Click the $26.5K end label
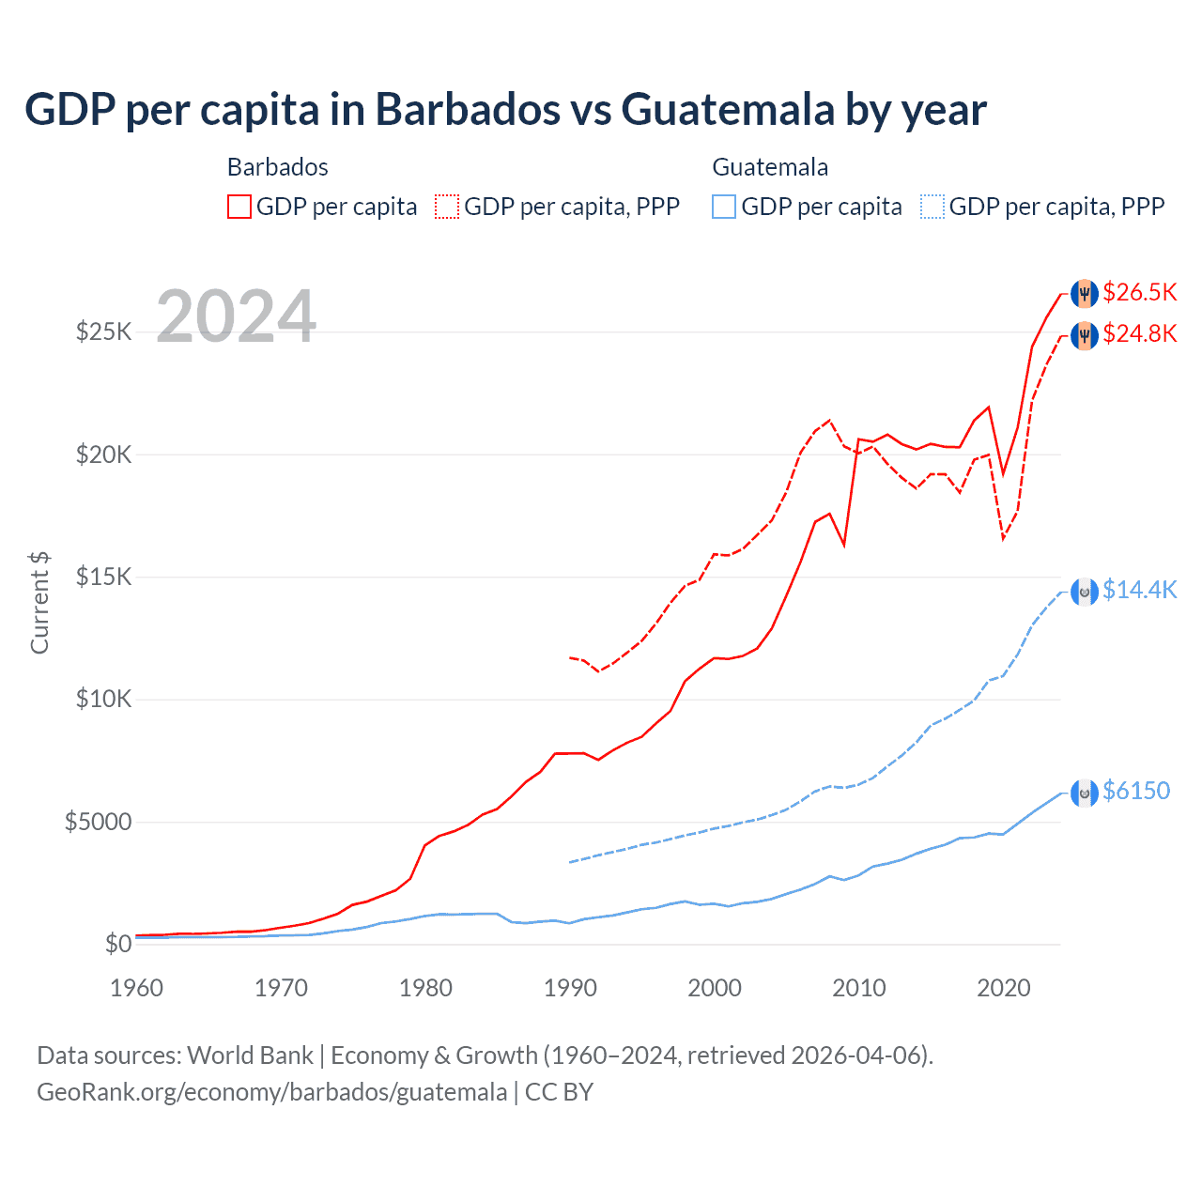(1139, 292)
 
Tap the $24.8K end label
(1139, 333)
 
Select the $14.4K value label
(1139, 590)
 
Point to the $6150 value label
(1136, 791)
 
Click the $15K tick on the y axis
(104, 577)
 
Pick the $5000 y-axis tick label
(98, 823)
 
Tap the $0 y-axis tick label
(117, 944)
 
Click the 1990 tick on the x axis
(570, 988)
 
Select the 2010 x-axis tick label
(859, 988)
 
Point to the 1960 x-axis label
(137, 988)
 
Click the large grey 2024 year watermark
(236, 316)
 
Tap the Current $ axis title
(39, 603)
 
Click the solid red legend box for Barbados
(239, 207)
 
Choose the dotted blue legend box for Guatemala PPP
(932, 207)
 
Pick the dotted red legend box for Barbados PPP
(447, 207)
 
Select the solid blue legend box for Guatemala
(724, 207)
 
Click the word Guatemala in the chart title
(728, 110)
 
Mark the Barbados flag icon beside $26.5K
(1085, 293)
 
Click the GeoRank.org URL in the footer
(271, 1092)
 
